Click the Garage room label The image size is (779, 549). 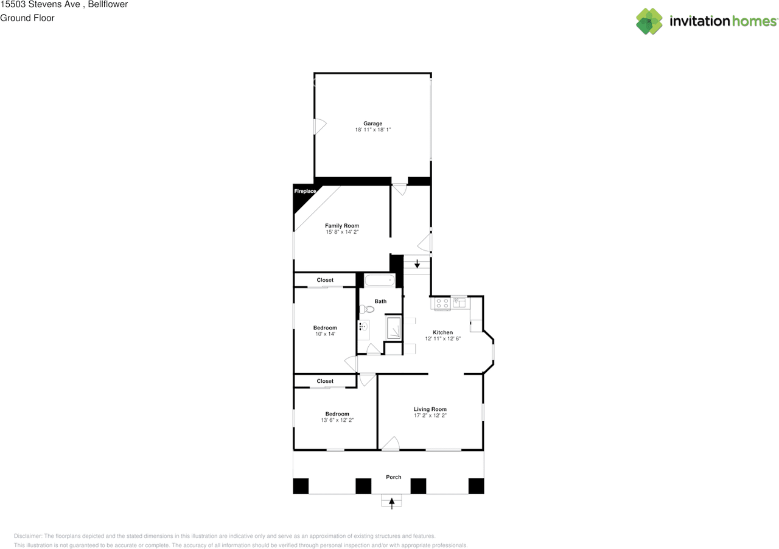[373, 124]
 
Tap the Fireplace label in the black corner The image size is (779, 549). [305, 191]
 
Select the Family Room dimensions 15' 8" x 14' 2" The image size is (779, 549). [342, 232]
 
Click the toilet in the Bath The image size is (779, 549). [366, 309]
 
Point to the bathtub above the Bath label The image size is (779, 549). [379, 280]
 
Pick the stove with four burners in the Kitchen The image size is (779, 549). [442, 303]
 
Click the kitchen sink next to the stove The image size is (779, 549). [459, 302]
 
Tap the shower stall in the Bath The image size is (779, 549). [394, 327]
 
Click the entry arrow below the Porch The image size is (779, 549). [391, 503]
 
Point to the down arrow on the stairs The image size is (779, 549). [417, 264]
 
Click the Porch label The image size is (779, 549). [394, 477]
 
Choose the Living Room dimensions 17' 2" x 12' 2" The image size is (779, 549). [430, 416]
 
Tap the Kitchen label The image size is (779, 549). [442, 332]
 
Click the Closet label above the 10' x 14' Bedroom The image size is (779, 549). [325, 280]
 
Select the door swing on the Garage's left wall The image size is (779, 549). [320, 126]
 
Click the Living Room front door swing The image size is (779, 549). [391, 443]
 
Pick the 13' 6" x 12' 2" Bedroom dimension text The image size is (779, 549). [337, 420]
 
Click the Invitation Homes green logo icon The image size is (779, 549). [649, 21]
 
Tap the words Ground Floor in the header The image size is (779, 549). [27, 18]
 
